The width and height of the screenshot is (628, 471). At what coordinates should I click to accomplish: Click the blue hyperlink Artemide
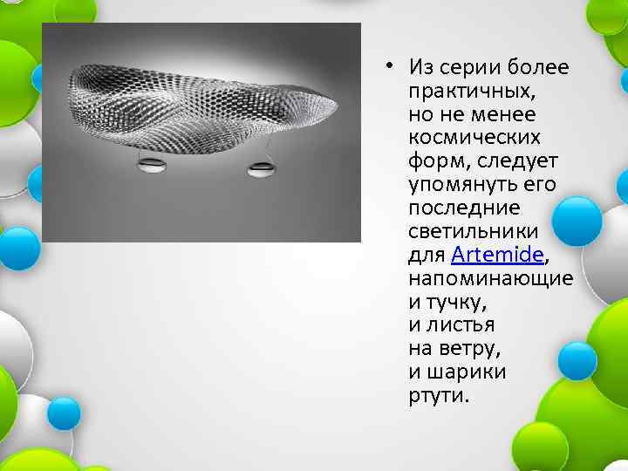coord(497,255)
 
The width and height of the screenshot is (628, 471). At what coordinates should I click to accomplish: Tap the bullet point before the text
coord(394,65)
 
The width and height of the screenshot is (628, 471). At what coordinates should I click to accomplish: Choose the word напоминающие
coord(490,278)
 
